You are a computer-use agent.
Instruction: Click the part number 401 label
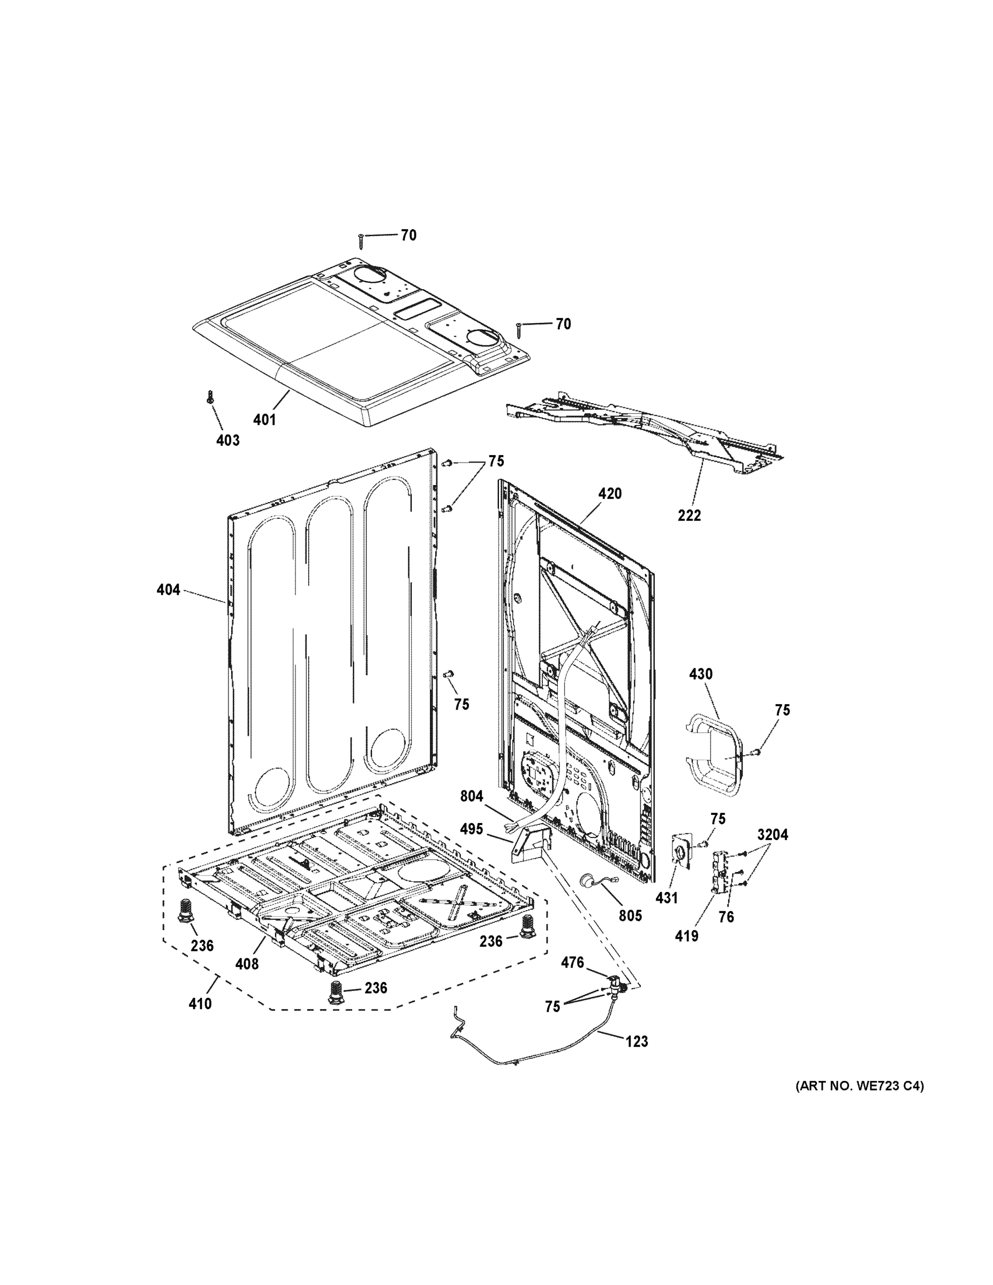(x=264, y=420)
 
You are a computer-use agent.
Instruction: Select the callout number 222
(x=689, y=516)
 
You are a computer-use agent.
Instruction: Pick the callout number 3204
(x=773, y=834)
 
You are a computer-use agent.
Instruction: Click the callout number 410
(x=200, y=1004)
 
